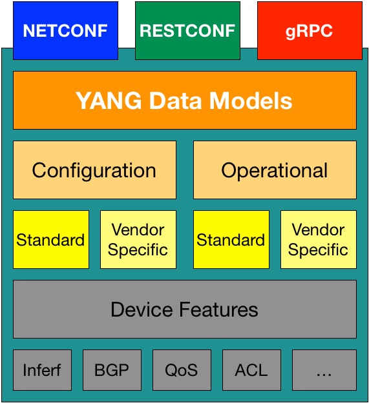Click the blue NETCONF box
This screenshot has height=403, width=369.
[x=65, y=30]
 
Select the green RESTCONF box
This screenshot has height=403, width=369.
[x=187, y=30]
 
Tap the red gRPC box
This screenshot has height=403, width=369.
[x=310, y=30]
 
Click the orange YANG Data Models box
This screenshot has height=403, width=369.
[x=185, y=100]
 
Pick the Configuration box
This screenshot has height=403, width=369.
[x=94, y=170]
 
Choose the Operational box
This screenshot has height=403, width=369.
[x=275, y=170]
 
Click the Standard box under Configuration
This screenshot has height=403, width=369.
[x=51, y=239]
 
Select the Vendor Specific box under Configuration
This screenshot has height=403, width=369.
[x=138, y=239]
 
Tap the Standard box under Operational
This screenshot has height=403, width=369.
[x=231, y=239]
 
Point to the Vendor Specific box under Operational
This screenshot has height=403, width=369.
[x=319, y=239]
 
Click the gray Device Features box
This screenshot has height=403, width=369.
[x=185, y=310]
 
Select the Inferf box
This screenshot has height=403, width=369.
[x=42, y=370]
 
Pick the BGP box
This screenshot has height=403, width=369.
[x=112, y=370]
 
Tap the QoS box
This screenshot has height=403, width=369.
[x=182, y=370]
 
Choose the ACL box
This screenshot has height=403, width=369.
[x=251, y=370]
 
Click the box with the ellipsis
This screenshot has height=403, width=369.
[x=324, y=370]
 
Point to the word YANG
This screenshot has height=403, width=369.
[x=109, y=101]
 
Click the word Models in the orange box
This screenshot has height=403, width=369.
[x=251, y=101]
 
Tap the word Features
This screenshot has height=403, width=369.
[x=218, y=310]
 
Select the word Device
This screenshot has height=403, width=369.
[x=142, y=310]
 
